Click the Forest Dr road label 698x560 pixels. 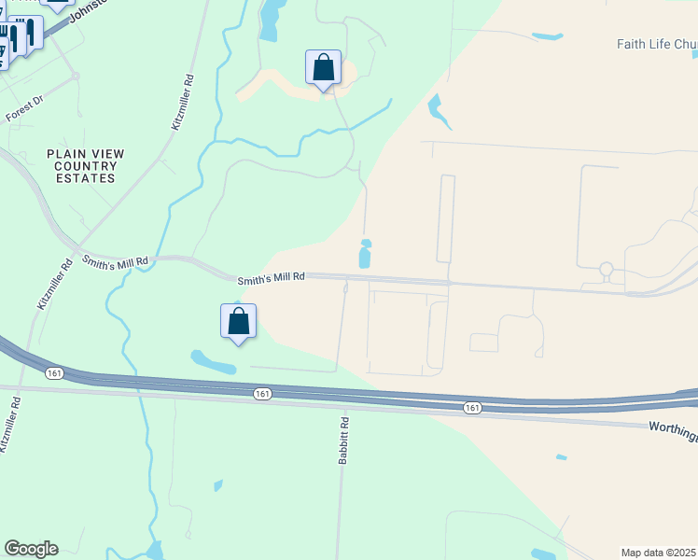(x=25, y=109)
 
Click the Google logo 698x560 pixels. (x=31, y=549)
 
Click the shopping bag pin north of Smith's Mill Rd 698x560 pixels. (x=324, y=68)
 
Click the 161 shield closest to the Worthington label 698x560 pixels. (x=472, y=407)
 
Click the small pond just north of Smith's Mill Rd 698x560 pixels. (x=365, y=254)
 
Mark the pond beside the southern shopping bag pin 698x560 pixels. (x=214, y=362)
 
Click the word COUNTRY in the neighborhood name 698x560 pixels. (x=85, y=166)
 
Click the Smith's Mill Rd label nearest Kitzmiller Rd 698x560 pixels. (x=115, y=262)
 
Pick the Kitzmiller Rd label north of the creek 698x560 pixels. (x=183, y=102)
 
